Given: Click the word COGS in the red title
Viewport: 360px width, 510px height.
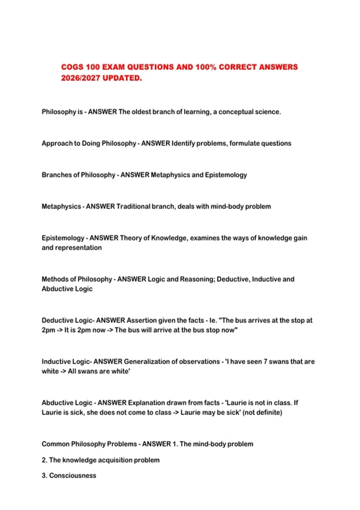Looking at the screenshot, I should point(72,67).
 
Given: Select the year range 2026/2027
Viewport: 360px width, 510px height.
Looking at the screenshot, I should point(80,78).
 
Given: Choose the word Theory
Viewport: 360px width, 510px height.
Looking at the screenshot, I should point(130,238).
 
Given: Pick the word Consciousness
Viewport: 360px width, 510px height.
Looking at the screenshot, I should point(73,475).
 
